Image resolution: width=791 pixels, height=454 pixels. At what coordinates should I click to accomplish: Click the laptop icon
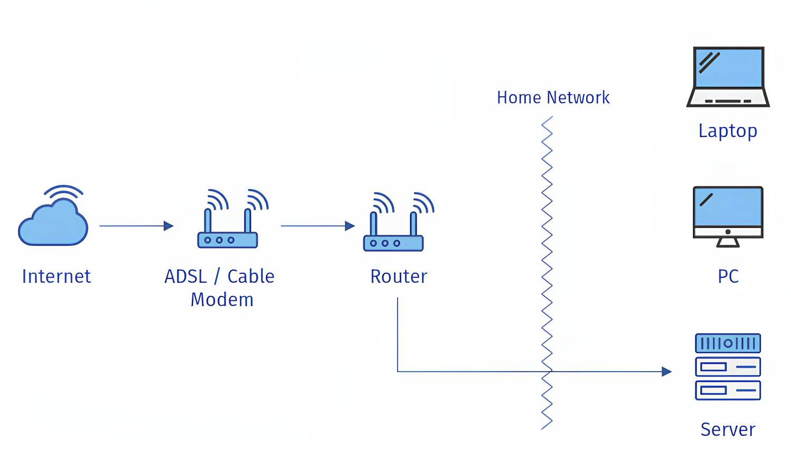coord(728,77)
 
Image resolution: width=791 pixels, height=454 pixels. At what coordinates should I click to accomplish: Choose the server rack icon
coord(728,366)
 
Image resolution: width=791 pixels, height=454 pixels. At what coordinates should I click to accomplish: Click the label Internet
coord(56,276)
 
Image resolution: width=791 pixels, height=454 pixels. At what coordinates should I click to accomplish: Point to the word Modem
coord(222,300)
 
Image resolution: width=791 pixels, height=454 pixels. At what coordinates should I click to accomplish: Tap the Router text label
coord(399,276)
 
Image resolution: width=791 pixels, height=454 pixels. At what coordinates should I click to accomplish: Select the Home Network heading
coord(553,98)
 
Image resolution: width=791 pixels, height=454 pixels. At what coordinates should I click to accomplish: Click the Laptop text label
coord(728,130)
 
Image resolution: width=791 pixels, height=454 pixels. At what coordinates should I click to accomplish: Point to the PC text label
coord(728,276)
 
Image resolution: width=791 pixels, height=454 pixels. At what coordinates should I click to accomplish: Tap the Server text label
coord(728,429)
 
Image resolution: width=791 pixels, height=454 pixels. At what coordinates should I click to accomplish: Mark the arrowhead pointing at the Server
coord(667,372)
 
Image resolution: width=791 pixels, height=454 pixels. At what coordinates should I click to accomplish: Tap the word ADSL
coord(185,276)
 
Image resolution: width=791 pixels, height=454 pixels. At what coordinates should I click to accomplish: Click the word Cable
coord(251,276)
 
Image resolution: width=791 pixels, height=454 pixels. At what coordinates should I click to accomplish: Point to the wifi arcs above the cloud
coord(64,192)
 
